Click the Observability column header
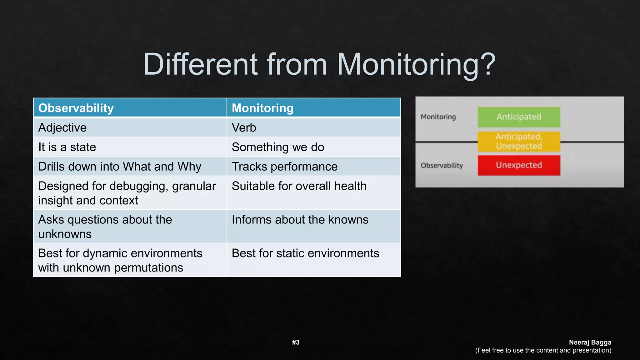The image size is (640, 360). click(x=76, y=108)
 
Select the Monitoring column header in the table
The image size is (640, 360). click(x=262, y=108)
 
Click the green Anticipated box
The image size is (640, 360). click(x=519, y=117)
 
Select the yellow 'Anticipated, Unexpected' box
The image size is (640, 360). click(x=519, y=141)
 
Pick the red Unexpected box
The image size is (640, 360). click(x=519, y=165)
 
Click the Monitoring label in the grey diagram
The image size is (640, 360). click(x=438, y=117)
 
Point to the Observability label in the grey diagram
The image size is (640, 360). click(x=442, y=165)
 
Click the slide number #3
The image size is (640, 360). click(x=296, y=342)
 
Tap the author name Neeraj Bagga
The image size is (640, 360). click(x=590, y=342)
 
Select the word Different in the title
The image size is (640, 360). click(x=200, y=64)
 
